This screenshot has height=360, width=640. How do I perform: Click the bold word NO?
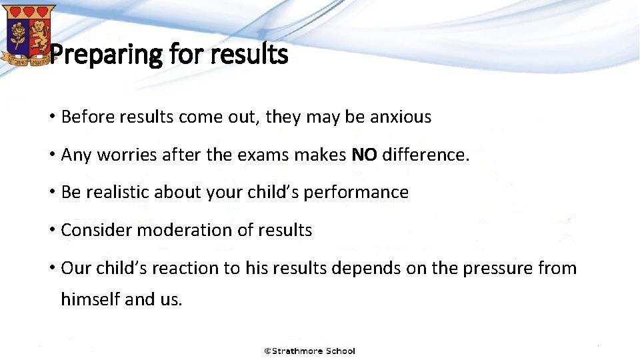coord(364,155)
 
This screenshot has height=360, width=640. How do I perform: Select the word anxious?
coord(401,117)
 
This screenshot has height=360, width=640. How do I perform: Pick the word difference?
coord(425,155)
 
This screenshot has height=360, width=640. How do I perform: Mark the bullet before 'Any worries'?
coord(51,155)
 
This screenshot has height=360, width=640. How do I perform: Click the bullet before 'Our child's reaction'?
coord(51,268)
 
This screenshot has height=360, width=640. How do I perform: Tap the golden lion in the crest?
coord(39,30)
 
